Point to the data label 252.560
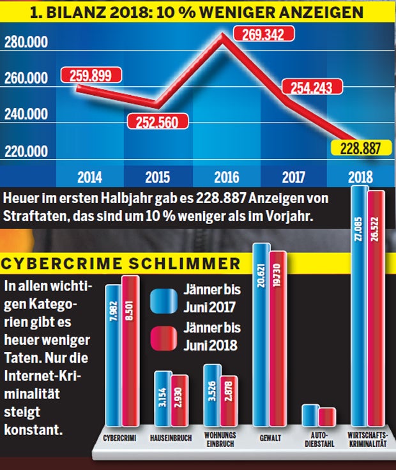coord(156,121)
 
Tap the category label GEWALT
coord(268,438)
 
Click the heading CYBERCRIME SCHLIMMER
coord(121,264)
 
